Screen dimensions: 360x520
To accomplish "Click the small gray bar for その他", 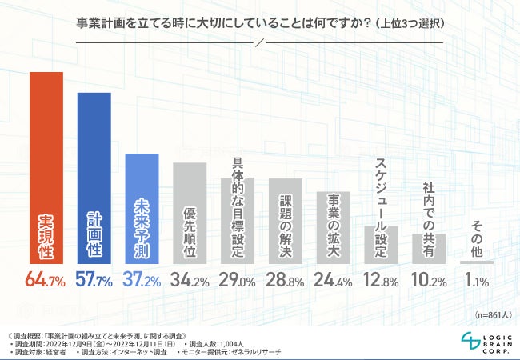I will point(477,262).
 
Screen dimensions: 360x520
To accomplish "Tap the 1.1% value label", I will point(478,280).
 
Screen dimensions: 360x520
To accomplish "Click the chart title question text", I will point(260,22).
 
